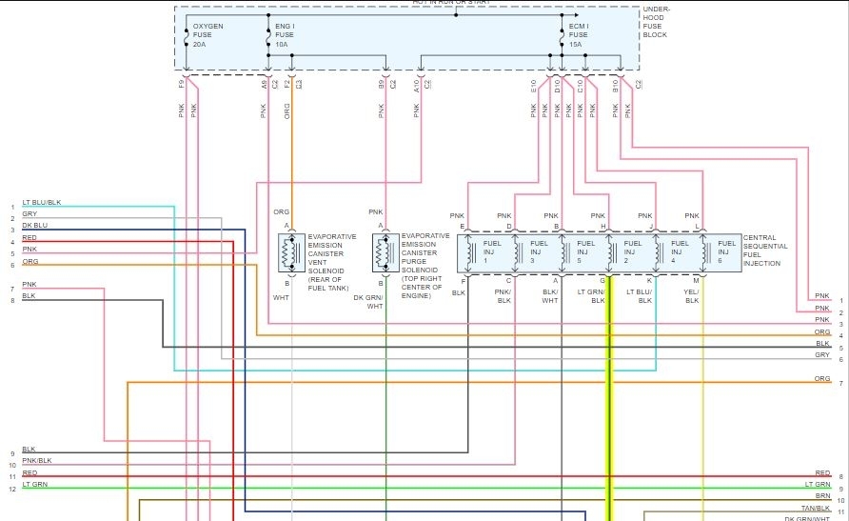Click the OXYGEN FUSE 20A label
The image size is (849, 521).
click(x=207, y=34)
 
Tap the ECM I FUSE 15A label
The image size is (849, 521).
click(x=580, y=34)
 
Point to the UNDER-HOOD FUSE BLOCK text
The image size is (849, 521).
click(x=656, y=22)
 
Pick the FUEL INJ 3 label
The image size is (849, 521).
click(x=539, y=251)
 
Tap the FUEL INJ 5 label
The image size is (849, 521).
click(x=585, y=251)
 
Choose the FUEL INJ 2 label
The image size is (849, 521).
click(x=632, y=251)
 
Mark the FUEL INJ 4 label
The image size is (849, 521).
click(x=679, y=251)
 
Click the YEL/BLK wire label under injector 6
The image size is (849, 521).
click(x=692, y=296)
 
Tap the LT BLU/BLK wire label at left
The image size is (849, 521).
click(x=41, y=203)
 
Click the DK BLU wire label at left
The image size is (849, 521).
click(x=34, y=226)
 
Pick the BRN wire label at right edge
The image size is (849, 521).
click(x=823, y=496)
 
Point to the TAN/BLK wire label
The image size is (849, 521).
click(x=817, y=508)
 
